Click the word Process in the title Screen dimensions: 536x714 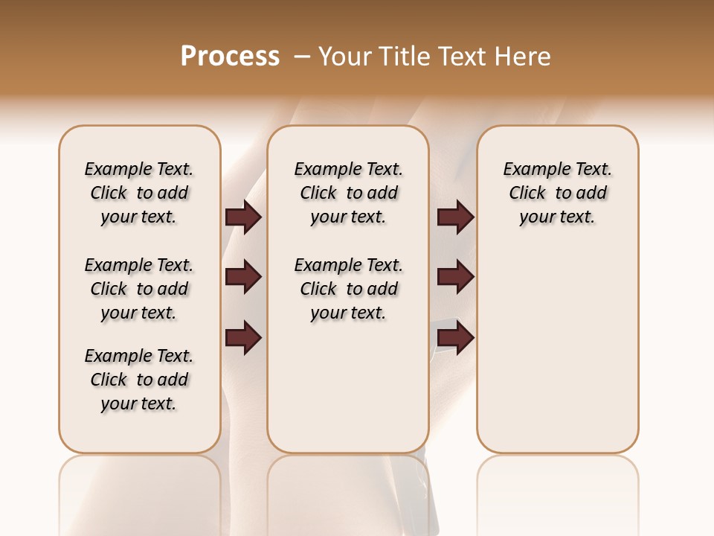pyautogui.click(x=230, y=57)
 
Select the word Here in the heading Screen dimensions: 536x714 pyautogui.click(x=524, y=57)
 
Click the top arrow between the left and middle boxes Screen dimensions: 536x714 pyautogui.click(x=243, y=217)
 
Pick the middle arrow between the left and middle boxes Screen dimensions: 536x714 pyautogui.click(x=243, y=278)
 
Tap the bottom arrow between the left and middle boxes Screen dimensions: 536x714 pyautogui.click(x=243, y=337)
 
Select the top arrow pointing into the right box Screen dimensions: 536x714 pyautogui.click(x=455, y=217)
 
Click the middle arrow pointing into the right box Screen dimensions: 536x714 pyautogui.click(x=455, y=278)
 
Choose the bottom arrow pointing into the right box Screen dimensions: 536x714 pyautogui.click(x=455, y=337)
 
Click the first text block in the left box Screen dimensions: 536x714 pyautogui.click(x=139, y=193)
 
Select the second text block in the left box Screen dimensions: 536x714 pyautogui.click(x=139, y=289)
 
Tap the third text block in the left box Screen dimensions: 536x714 pyautogui.click(x=139, y=380)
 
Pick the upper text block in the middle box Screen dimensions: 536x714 pyautogui.click(x=349, y=193)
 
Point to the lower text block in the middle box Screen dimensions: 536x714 pyautogui.click(x=349, y=289)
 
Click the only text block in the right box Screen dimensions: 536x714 pyautogui.click(x=558, y=193)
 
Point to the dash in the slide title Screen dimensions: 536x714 pyautogui.click(x=302, y=57)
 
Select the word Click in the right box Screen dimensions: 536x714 pyautogui.click(x=527, y=194)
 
